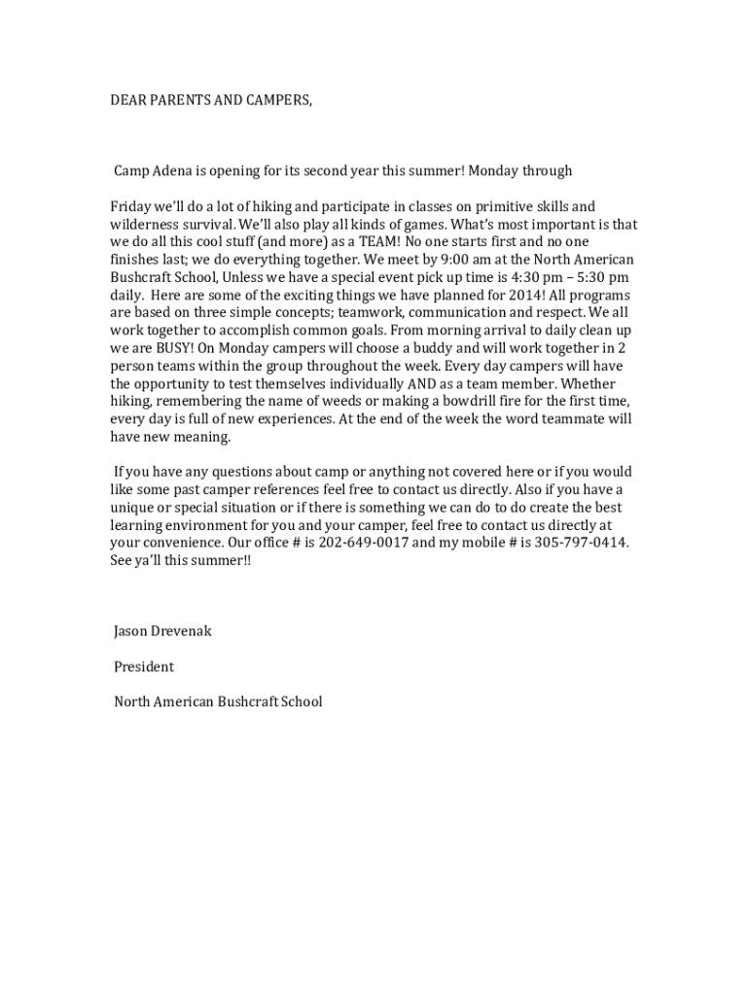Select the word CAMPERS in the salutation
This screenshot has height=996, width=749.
coord(277,100)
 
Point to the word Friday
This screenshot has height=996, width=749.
coord(130,207)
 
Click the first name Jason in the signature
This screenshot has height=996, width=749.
coord(132,631)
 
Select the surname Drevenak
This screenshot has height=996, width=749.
coord(183,631)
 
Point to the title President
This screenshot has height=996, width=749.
coord(144,667)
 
